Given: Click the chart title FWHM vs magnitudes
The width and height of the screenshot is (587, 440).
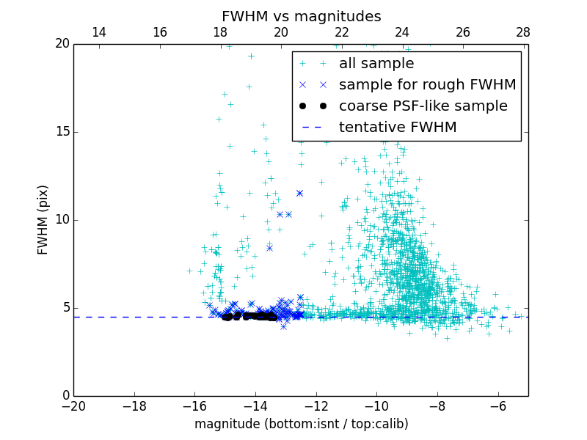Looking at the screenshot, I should pos(301,16).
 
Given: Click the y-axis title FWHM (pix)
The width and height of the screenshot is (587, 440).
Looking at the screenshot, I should pos(43,220).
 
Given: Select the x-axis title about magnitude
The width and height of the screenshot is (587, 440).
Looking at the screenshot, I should pos(301,424).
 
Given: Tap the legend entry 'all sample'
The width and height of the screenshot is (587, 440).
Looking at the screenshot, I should pos(376,64).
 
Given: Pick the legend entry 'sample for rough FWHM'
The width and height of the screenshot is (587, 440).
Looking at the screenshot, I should pos(427,85).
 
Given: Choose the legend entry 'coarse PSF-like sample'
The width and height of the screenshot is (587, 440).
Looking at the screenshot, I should pos(423,106).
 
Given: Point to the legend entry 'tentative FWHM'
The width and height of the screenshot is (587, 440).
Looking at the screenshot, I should pos(398,128).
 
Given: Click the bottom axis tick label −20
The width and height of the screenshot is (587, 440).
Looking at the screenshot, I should pos(73,406).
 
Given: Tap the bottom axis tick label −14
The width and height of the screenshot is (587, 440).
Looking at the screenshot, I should pos(255,406).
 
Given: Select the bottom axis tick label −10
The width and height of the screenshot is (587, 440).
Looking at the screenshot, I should pos(376,406).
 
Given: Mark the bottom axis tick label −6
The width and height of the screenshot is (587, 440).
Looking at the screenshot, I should pos(497,406).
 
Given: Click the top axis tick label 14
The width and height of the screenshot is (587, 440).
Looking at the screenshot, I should pos(98,32).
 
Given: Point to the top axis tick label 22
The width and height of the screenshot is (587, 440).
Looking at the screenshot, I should pos(341,32).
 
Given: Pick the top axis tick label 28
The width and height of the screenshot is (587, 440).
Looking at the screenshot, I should pos(523,32).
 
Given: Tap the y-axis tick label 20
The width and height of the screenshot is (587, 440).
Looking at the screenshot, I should pos(62,44).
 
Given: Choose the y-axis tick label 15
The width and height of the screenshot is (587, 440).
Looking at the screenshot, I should pos(62,132).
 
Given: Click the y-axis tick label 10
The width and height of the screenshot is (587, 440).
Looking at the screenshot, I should pos(62,220).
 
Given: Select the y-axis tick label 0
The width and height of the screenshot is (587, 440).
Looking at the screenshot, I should pos(65,396).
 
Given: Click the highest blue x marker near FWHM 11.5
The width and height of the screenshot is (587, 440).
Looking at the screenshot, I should pos(299,194).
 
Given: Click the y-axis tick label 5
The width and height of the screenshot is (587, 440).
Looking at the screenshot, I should pos(65,308).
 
